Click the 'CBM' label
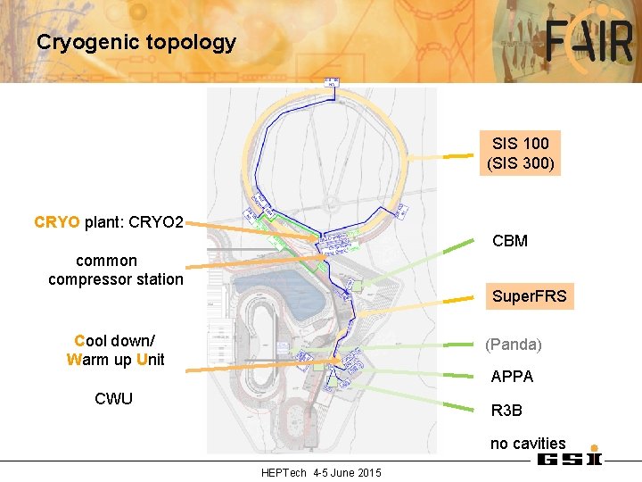(x=510, y=241)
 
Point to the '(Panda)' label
(x=513, y=344)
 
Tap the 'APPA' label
(x=512, y=377)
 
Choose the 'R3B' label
(x=506, y=411)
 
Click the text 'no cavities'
(x=527, y=444)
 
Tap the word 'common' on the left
(x=106, y=261)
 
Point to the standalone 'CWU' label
(x=113, y=398)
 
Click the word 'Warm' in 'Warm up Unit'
(x=86, y=360)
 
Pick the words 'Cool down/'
(x=114, y=341)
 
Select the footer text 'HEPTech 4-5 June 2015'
(x=321, y=472)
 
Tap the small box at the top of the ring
(x=331, y=83)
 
